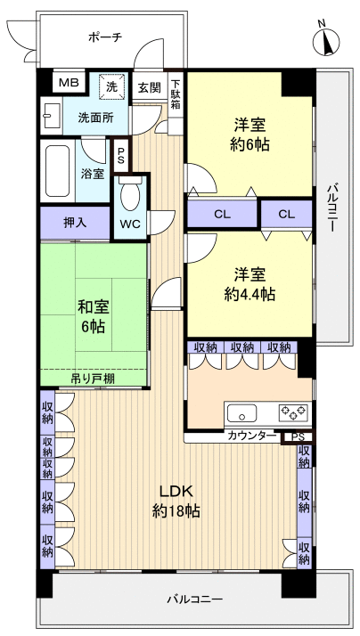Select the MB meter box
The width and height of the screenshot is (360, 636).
click(68, 84)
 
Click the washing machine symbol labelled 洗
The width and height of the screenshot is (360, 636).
click(112, 86)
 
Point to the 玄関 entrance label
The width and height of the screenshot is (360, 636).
click(149, 87)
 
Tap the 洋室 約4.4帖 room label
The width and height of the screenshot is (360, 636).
click(250, 282)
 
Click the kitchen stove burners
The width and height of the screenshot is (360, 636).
click(293, 412)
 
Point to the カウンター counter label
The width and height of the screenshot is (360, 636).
click(251, 436)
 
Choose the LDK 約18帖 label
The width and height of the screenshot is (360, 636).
click(176, 501)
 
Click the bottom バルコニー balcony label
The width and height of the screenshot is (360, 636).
click(194, 599)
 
